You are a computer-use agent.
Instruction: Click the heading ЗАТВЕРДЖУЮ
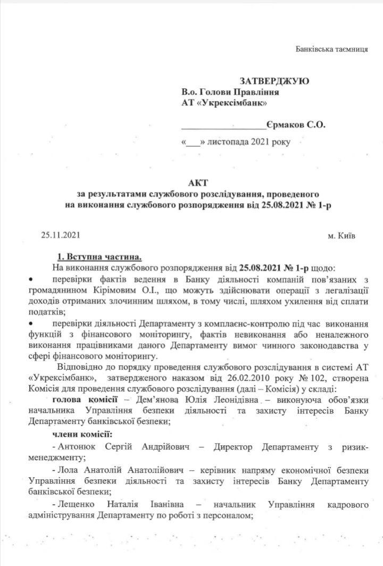(274, 81)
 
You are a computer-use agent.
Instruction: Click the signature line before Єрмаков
(223, 128)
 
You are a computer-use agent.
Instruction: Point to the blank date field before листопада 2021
(194, 144)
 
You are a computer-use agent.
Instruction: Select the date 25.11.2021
(61, 234)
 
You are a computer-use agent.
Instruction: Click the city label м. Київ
(341, 234)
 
